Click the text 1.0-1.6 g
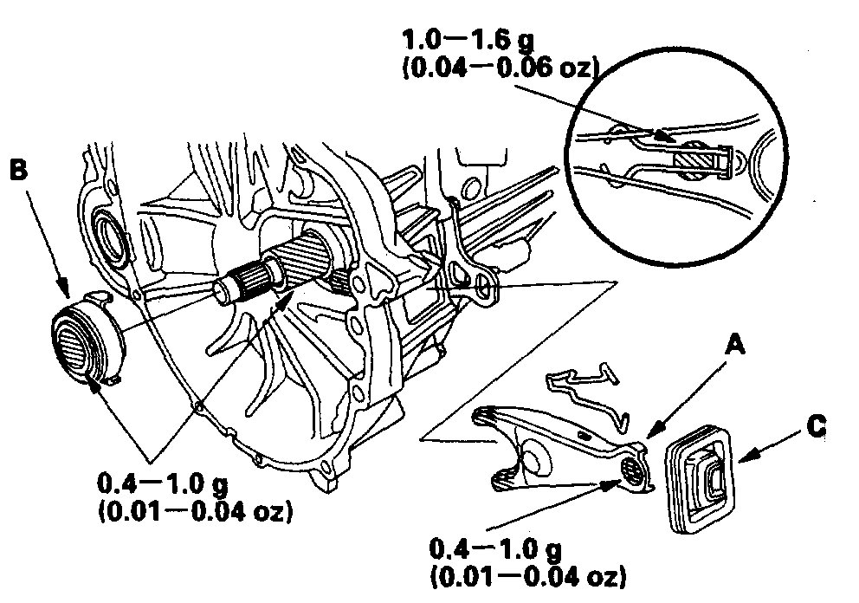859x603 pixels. [x=480, y=41]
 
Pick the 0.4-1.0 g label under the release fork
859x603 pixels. [x=497, y=549]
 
